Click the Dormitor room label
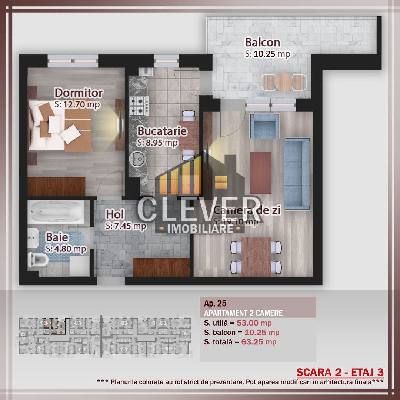[79, 93]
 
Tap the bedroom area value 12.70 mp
[77, 105]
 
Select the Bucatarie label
[162, 131]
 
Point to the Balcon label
[263, 42]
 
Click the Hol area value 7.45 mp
[126, 226]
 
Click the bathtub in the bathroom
[56, 212]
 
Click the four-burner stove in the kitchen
[139, 106]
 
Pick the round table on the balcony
[284, 83]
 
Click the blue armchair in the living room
[264, 126]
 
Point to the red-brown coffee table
[261, 173]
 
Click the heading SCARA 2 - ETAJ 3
[340, 372]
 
